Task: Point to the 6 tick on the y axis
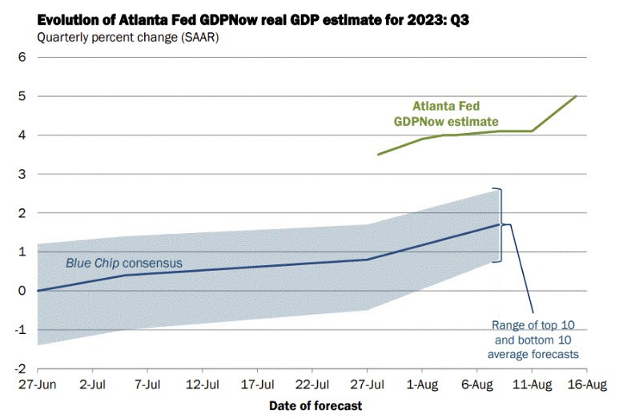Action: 23,57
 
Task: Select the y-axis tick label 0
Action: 23,291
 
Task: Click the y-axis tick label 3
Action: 23,174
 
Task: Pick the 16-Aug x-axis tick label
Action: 587,385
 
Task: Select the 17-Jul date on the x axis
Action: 258,385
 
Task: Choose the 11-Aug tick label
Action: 532,385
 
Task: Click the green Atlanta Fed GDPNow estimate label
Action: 449,112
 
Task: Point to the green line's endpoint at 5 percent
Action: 576,96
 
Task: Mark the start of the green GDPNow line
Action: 378,155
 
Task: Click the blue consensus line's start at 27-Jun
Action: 38,291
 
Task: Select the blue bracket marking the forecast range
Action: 500,225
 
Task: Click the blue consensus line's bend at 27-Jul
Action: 368,259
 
